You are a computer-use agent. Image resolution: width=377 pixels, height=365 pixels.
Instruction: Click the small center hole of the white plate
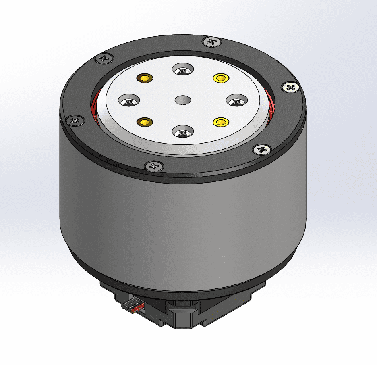click(183, 100)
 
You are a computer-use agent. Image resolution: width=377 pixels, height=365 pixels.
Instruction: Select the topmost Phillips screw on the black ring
click(211, 41)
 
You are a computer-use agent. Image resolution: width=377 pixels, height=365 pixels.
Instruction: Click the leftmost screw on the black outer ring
click(75, 120)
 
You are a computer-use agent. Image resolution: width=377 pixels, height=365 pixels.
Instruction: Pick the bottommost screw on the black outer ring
click(154, 165)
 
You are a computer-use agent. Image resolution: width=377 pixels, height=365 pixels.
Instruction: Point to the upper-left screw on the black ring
click(105, 58)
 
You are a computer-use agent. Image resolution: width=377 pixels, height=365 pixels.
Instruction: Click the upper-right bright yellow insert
click(221, 77)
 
